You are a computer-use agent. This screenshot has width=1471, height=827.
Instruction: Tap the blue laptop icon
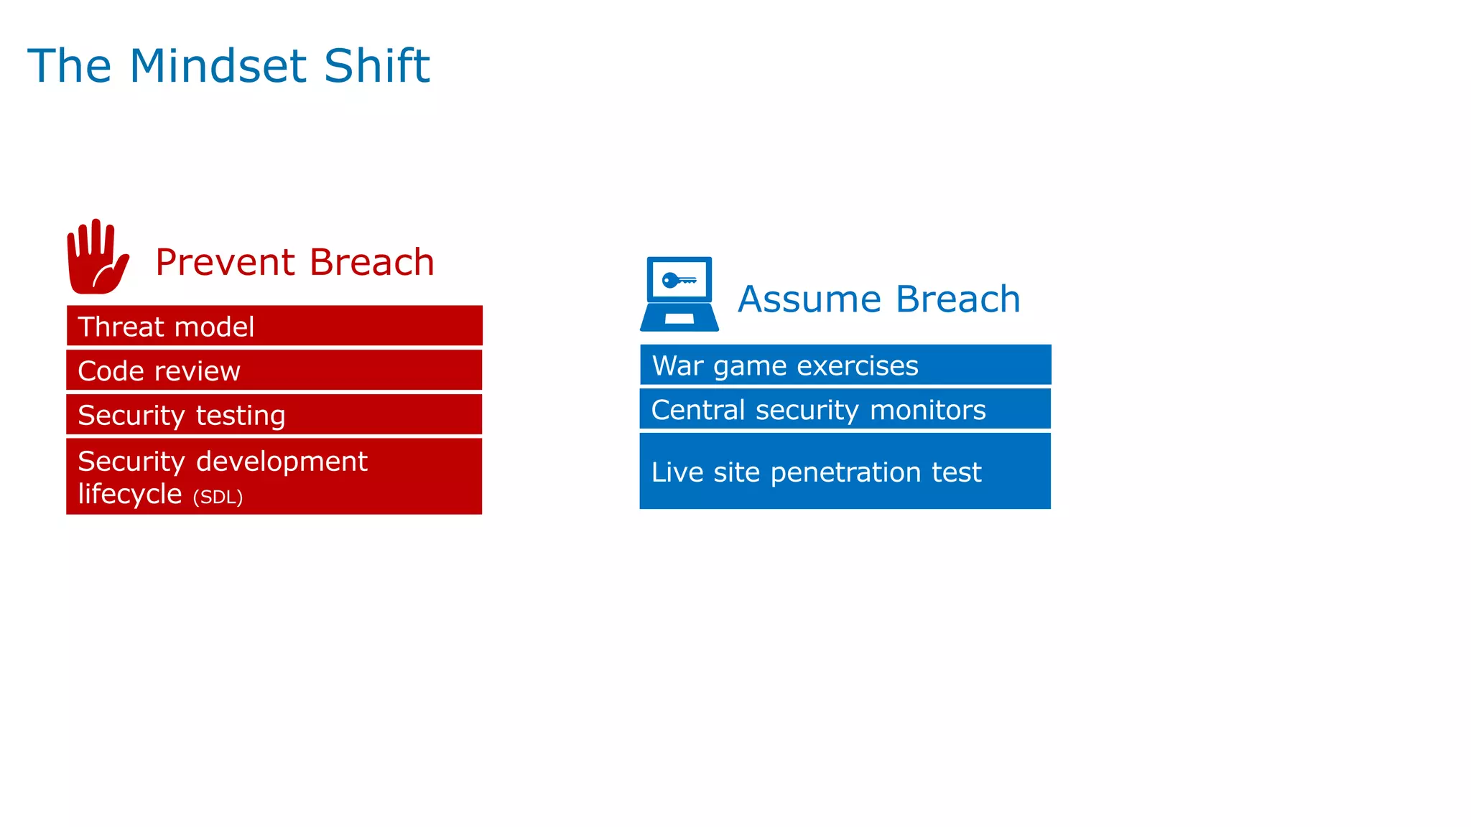point(679,294)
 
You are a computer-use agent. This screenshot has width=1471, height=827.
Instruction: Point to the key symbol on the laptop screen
point(678,280)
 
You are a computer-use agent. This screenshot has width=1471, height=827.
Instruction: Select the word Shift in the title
point(376,66)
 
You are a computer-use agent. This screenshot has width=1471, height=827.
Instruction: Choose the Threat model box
point(274,326)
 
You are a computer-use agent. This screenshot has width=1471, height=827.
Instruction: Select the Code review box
point(274,370)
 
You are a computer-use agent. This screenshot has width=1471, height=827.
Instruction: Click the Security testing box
point(274,415)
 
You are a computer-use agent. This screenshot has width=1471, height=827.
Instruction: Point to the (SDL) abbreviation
point(218,497)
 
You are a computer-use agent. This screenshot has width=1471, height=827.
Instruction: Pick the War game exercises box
point(845,365)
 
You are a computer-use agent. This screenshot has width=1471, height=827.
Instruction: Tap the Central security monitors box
point(845,409)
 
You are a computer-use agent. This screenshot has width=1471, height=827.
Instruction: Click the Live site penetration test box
point(845,472)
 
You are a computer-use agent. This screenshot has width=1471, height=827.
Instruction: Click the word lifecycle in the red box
point(130,494)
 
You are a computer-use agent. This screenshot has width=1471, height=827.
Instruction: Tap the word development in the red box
point(282,462)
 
